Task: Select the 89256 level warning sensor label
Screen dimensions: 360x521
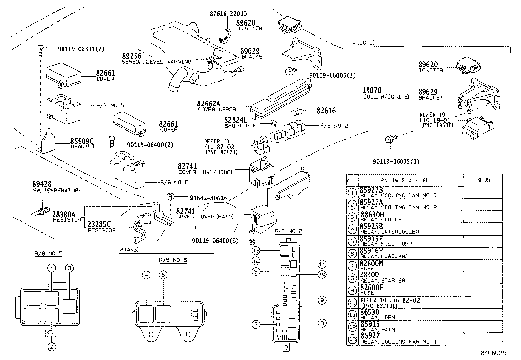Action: (132, 56)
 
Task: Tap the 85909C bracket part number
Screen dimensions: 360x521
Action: (82, 141)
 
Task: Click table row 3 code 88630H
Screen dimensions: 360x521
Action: (372, 215)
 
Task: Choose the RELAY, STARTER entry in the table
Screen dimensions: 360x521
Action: (383, 280)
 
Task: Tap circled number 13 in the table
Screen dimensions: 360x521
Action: (352, 339)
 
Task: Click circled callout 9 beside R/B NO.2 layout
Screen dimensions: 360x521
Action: (322, 300)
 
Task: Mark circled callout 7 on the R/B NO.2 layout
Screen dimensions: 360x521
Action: (256, 324)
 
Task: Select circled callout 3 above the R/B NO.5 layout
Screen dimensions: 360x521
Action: (69, 268)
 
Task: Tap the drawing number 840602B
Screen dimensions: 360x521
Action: (494, 353)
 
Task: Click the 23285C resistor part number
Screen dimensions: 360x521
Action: (99, 224)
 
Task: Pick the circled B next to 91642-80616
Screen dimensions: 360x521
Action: (170, 197)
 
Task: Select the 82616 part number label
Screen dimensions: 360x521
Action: (326, 111)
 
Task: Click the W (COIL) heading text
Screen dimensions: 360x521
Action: (363, 42)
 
